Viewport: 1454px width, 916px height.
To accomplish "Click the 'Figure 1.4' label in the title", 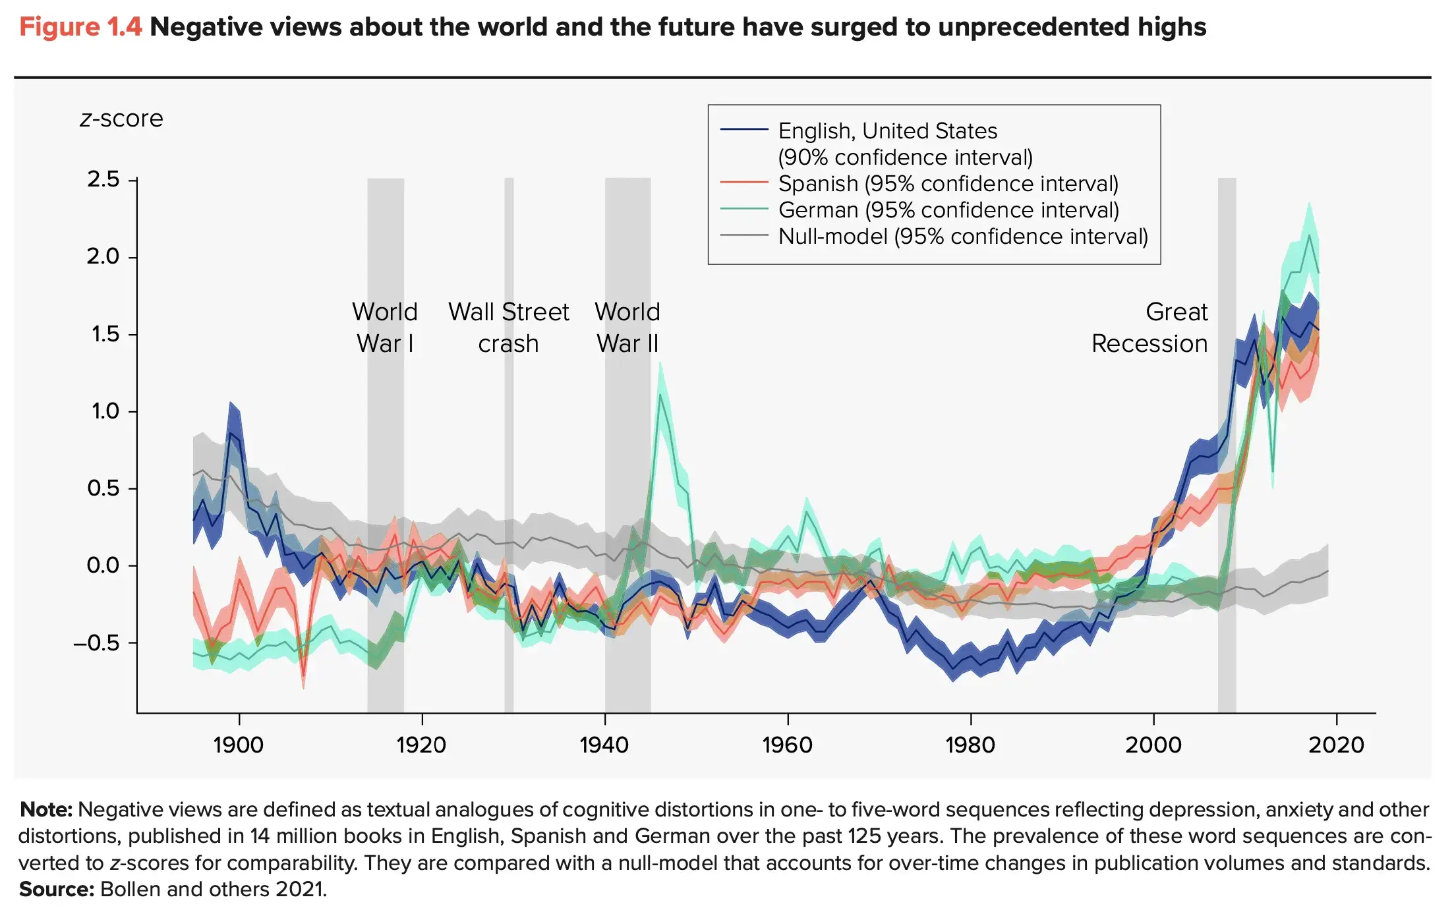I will tap(80, 28).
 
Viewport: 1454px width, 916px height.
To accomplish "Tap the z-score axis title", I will tap(121, 119).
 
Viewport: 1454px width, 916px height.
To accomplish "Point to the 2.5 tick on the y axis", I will tap(103, 179).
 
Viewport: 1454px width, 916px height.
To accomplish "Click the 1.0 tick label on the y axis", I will tap(105, 411).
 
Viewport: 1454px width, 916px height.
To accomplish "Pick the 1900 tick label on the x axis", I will tap(238, 745).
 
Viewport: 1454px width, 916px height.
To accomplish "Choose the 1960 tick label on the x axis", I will tap(787, 745).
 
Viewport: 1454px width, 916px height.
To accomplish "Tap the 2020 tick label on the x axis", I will tap(1336, 745).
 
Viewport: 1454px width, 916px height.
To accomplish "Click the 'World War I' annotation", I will tap(385, 328).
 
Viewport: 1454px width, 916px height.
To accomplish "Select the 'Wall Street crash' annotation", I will tap(508, 328).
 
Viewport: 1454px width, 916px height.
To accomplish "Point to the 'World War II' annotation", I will tap(627, 328).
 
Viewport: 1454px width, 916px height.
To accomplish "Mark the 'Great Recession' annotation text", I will tap(1149, 328).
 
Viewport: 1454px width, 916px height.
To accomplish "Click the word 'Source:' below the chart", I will tap(57, 890).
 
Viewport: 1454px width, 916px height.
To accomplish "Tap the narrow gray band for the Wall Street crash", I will tap(509, 461).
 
